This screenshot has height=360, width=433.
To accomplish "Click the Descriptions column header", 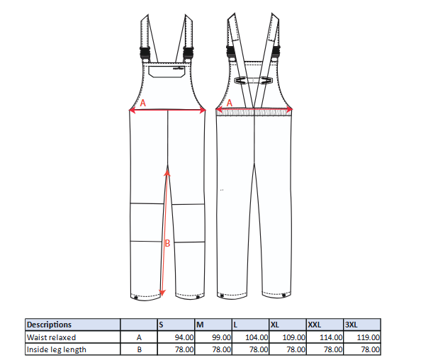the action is [x=49, y=325].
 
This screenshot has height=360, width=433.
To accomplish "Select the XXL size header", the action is [x=315, y=325].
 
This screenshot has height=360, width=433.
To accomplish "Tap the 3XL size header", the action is [x=352, y=325].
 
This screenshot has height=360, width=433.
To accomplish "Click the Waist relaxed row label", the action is [x=51, y=337].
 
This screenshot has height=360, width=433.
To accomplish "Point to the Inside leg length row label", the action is [x=56, y=349].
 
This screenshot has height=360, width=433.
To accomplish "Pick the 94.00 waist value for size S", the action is [x=184, y=337].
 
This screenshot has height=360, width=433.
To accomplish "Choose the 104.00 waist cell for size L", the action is [x=257, y=337].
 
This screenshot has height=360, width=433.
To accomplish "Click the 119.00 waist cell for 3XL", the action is [x=368, y=337].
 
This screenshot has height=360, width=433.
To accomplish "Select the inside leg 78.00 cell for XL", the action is [x=296, y=349].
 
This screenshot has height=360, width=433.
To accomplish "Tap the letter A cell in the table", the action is [x=139, y=337].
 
